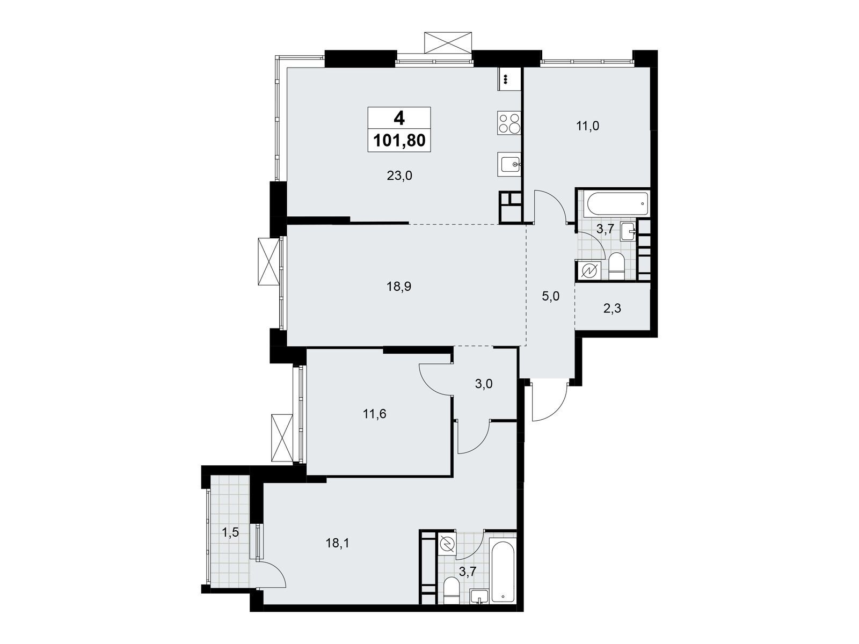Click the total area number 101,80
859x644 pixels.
pyautogui.click(x=399, y=141)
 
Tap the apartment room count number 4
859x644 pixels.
pyautogui.click(x=399, y=118)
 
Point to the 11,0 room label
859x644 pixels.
pyautogui.click(x=587, y=126)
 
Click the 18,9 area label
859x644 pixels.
pyautogui.click(x=399, y=287)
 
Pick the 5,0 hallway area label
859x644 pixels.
pyautogui.click(x=551, y=296)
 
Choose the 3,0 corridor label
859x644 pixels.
pyautogui.click(x=484, y=384)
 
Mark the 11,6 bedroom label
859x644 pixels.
pyautogui.click(x=375, y=414)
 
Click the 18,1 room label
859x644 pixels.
pyautogui.click(x=337, y=543)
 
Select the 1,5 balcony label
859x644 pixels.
pyautogui.click(x=230, y=532)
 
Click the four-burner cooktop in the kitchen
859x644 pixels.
pyautogui.click(x=509, y=123)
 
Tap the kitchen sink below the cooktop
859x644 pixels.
pyautogui.click(x=509, y=165)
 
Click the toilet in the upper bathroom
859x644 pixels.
pyautogui.click(x=617, y=267)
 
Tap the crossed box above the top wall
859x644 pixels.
pyautogui.click(x=447, y=42)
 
